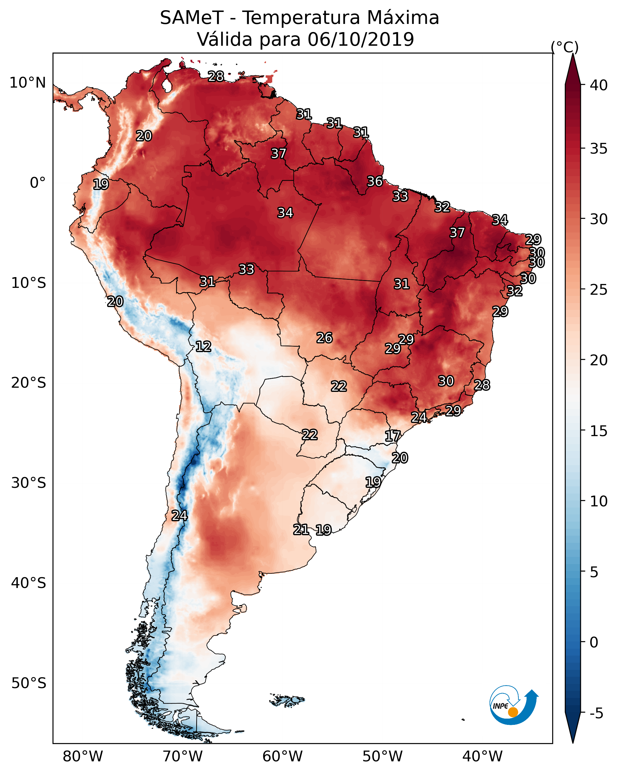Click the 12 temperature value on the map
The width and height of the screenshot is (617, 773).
pyautogui.click(x=203, y=346)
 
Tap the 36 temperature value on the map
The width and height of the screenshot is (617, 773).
pyautogui.click(x=375, y=181)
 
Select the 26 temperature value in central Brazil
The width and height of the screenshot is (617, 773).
pyautogui.click(x=324, y=338)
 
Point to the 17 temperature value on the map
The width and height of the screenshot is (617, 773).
pyautogui.click(x=392, y=436)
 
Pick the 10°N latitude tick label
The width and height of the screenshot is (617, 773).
pyautogui.click(x=27, y=83)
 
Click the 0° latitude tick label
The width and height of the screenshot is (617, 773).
pyautogui.click(x=38, y=183)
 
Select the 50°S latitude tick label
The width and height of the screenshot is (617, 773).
pyautogui.click(x=29, y=683)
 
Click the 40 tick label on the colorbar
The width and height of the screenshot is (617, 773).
pyautogui.click(x=599, y=85)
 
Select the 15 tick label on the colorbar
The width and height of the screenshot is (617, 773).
pyautogui.click(x=599, y=431)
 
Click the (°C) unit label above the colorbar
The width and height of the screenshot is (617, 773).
pyautogui.click(x=564, y=47)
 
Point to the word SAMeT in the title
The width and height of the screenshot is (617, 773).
pyautogui.click(x=192, y=18)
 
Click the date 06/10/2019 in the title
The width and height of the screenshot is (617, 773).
pyautogui.click(x=361, y=39)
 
